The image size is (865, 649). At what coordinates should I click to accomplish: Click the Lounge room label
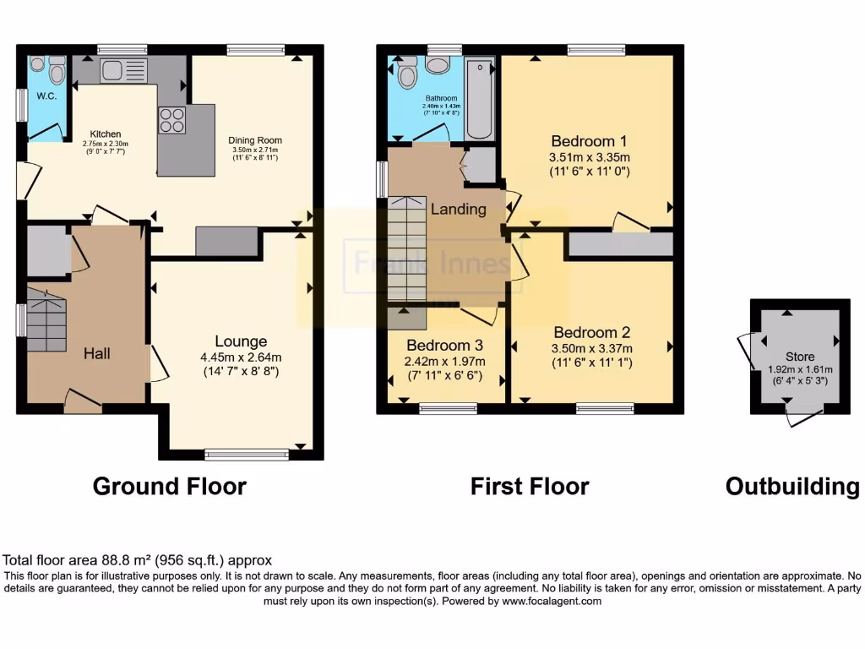241,341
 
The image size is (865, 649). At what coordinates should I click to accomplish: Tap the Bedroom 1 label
590,140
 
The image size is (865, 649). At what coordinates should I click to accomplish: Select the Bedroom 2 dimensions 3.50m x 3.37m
590,348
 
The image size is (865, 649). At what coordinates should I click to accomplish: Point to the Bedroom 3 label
444,345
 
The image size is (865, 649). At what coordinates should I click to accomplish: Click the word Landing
458,209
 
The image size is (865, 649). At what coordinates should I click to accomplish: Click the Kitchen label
106,134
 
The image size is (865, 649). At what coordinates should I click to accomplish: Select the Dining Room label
255,140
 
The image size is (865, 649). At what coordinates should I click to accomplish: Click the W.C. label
46,95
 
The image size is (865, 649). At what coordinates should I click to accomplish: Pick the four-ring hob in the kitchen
171,119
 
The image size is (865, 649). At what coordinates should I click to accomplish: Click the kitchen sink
123,71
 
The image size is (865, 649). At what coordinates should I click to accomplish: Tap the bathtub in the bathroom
480,100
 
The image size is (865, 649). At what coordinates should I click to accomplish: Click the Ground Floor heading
169,487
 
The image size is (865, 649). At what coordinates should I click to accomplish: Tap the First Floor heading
530,487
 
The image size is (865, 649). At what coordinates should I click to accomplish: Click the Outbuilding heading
792,487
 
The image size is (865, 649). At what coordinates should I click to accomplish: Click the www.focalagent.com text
553,602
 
